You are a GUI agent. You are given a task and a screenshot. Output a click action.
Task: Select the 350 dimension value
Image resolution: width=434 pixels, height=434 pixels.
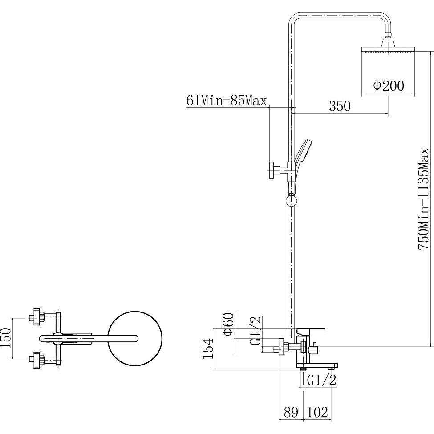point(340,106)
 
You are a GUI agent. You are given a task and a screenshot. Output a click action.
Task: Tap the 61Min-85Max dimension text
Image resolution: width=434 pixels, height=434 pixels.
point(227,100)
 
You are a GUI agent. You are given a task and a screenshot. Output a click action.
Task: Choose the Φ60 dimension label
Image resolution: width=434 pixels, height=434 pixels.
point(228,324)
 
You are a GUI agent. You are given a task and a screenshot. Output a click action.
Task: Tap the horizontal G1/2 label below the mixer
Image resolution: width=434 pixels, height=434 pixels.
point(321,380)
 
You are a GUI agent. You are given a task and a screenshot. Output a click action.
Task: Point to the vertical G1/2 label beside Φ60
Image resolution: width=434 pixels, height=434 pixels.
point(255,330)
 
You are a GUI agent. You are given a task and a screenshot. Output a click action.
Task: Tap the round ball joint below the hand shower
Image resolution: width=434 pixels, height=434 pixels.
point(291,200)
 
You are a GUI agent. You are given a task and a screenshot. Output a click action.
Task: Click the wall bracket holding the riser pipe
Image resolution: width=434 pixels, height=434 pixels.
point(278,170)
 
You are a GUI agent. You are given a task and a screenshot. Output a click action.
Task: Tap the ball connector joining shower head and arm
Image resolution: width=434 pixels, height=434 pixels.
point(388,35)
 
